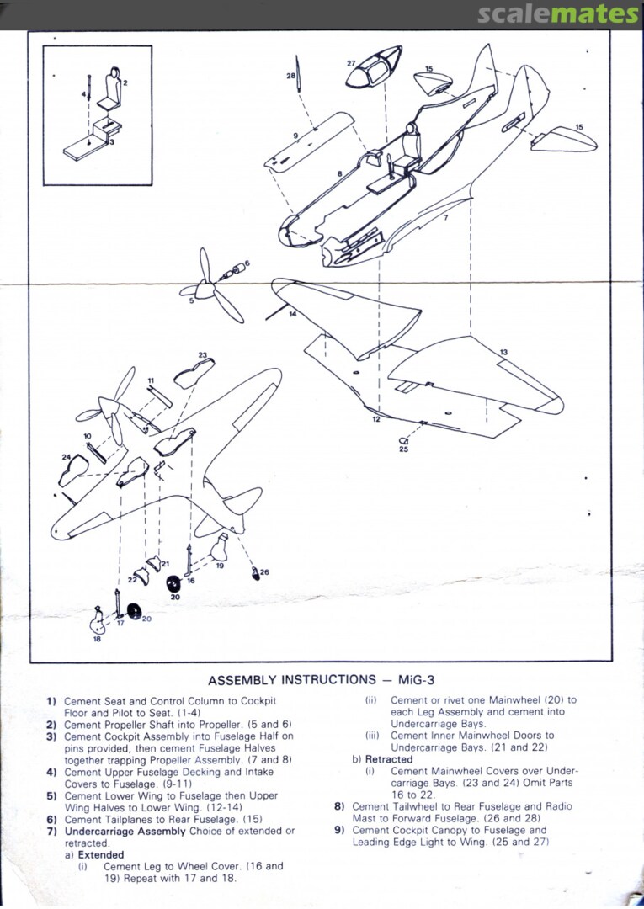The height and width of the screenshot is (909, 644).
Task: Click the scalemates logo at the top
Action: tap(558, 14)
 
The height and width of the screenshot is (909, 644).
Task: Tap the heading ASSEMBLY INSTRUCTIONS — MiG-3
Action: tap(327, 680)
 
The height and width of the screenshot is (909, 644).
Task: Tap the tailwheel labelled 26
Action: tap(256, 574)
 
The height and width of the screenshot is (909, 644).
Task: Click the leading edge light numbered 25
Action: tap(403, 440)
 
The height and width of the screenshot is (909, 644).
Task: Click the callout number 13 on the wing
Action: tap(503, 352)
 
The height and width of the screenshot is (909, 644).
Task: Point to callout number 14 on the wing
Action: tap(292, 314)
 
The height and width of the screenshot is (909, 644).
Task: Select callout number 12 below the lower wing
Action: tap(376, 417)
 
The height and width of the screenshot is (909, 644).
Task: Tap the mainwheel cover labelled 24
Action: tap(74, 469)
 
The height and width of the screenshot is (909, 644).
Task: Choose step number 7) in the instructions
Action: tap(51, 831)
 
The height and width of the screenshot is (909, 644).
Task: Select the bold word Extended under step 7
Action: tap(101, 854)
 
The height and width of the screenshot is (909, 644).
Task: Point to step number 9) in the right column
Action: tap(339, 830)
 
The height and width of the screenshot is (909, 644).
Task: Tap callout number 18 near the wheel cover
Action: tap(97, 639)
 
